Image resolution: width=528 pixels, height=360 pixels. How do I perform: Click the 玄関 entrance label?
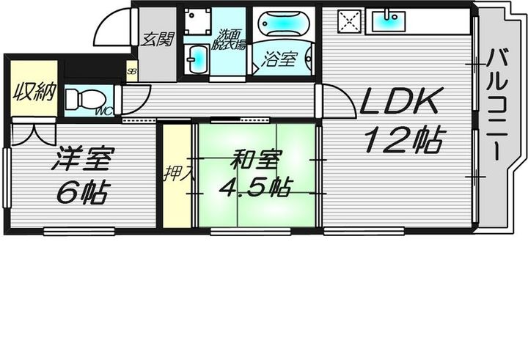pos(157,38)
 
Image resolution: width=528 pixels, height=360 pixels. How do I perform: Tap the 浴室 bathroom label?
pos(281,60)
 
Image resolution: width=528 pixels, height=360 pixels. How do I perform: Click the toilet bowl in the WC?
pos(81,98)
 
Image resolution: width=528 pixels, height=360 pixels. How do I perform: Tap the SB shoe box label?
pos(131,71)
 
